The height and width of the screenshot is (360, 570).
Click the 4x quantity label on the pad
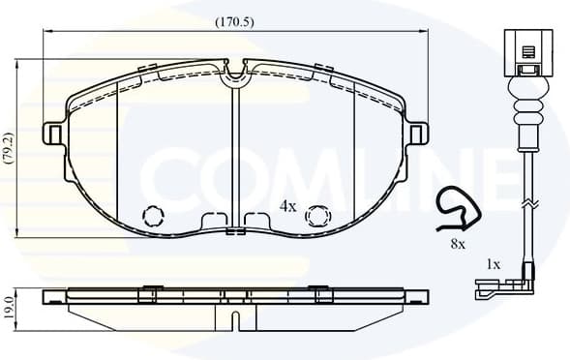287,206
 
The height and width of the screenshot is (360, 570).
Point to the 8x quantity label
458,245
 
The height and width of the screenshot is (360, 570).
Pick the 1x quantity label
493,263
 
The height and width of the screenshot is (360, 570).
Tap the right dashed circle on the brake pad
316,216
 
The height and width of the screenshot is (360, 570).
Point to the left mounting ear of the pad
55,134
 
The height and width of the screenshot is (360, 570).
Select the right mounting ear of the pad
417,134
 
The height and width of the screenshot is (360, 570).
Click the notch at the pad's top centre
235,74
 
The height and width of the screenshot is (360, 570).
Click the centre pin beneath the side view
235,318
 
